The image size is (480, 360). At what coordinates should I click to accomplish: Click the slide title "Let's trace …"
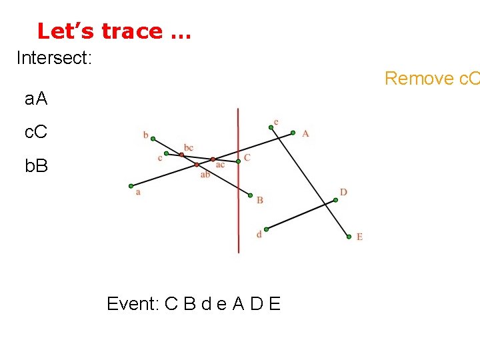point(114,31)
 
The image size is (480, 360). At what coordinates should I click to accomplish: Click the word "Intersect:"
point(53,58)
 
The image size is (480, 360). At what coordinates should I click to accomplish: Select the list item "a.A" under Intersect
point(36,99)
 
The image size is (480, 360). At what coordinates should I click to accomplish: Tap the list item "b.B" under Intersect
point(36,165)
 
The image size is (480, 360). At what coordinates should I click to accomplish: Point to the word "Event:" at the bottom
point(132,304)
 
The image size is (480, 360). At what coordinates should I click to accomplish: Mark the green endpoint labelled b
point(153,139)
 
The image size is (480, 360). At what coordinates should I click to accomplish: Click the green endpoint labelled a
point(131,186)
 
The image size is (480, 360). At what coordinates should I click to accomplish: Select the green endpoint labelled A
point(293,133)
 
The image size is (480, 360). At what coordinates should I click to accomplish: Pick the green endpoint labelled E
point(348,236)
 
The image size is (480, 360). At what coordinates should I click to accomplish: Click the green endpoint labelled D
point(335,199)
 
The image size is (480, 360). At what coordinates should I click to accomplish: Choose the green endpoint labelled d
point(266,229)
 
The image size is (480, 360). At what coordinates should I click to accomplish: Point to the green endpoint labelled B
point(250,195)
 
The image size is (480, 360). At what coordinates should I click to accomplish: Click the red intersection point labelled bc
point(181,155)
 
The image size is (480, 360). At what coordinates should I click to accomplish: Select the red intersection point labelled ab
point(197,164)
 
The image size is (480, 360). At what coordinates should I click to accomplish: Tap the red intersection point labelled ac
point(213,159)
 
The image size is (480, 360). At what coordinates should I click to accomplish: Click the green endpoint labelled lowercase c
point(167,153)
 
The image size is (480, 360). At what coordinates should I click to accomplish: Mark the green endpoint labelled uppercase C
point(238,161)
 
